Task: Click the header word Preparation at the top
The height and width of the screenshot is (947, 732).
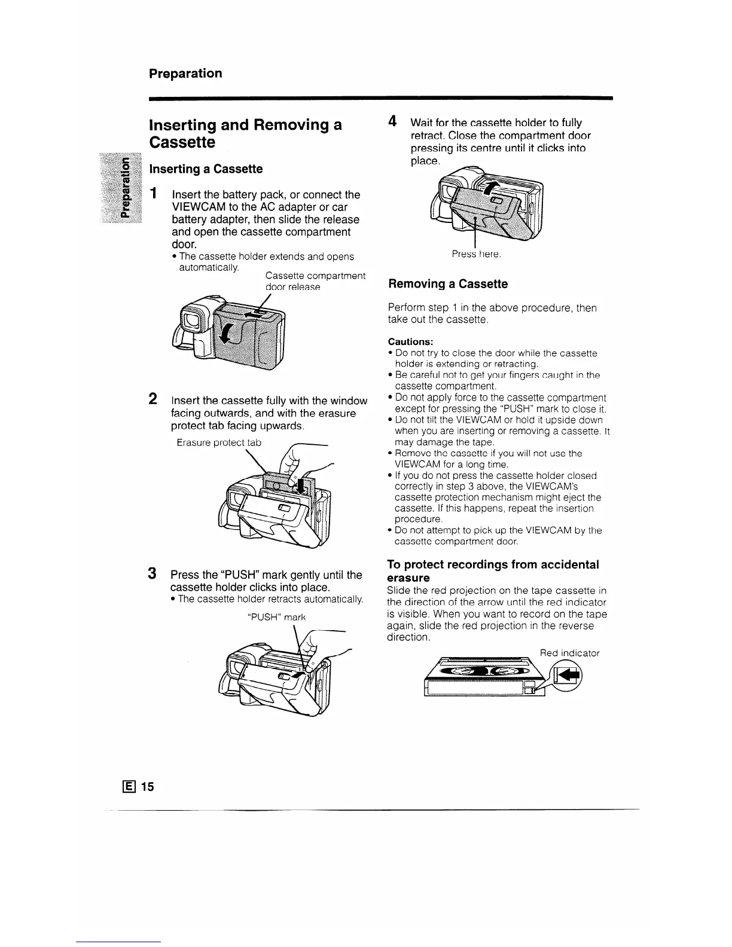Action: [x=185, y=74]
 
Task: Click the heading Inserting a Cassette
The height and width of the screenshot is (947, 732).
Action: [x=206, y=169]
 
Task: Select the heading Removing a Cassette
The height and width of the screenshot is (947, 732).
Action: [x=448, y=284]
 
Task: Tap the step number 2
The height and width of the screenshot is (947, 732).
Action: [x=153, y=399]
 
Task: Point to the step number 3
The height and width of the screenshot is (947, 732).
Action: [x=153, y=573]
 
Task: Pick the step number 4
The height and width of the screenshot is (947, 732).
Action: [x=392, y=121]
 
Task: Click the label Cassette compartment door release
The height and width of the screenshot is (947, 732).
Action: [x=315, y=281]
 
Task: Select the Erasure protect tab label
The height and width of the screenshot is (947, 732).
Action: [x=219, y=443]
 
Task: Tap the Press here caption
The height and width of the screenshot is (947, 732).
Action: [x=476, y=254]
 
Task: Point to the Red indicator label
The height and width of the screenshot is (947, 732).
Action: [x=569, y=653]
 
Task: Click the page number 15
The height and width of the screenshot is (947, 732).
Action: [x=148, y=787]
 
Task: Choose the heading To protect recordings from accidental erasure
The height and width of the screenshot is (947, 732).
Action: [x=493, y=571]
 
